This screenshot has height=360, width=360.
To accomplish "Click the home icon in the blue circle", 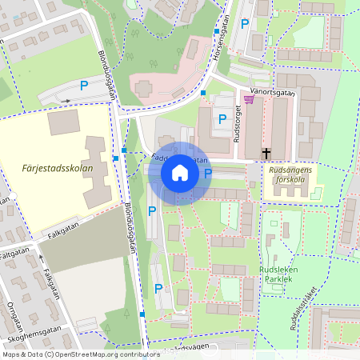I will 179,173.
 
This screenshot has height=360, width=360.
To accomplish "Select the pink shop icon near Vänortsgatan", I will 247,99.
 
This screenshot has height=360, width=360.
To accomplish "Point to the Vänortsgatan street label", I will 273,92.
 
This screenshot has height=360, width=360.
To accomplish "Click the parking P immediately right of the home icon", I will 208,173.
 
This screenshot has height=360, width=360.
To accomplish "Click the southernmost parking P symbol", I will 158,288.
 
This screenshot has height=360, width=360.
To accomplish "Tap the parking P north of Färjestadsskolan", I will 83,85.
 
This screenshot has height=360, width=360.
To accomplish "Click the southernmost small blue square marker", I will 142,314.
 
